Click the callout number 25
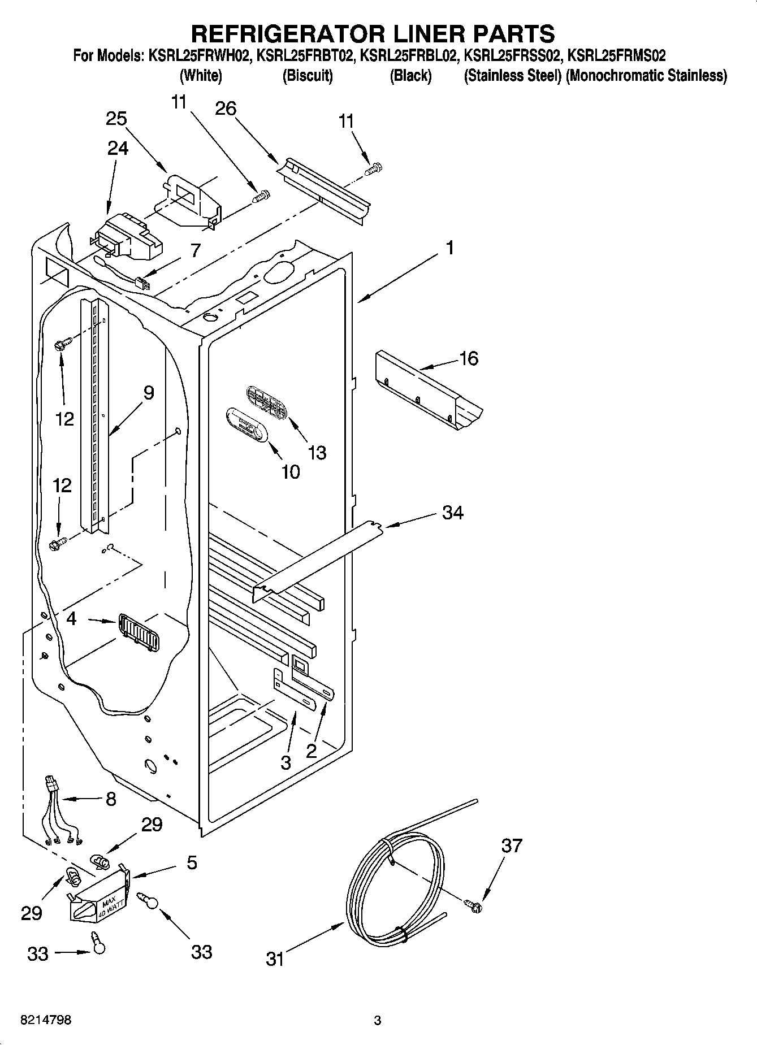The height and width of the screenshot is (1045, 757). tap(116, 119)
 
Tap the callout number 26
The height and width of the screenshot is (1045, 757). tap(226, 108)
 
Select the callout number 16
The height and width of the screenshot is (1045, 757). tap(469, 358)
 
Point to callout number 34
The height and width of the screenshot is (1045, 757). tap(453, 513)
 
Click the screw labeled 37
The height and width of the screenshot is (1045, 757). tap(474, 905)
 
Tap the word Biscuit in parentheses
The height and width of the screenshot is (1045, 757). tap(308, 76)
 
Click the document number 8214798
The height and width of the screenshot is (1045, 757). tap(46, 1020)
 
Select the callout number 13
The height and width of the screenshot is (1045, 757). tap(317, 452)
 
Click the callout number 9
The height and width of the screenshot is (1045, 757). tap(148, 392)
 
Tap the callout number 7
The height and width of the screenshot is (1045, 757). tap(195, 250)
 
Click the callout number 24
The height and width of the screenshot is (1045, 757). tap(118, 148)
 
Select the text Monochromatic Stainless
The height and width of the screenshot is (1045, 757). tap(647, 76)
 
